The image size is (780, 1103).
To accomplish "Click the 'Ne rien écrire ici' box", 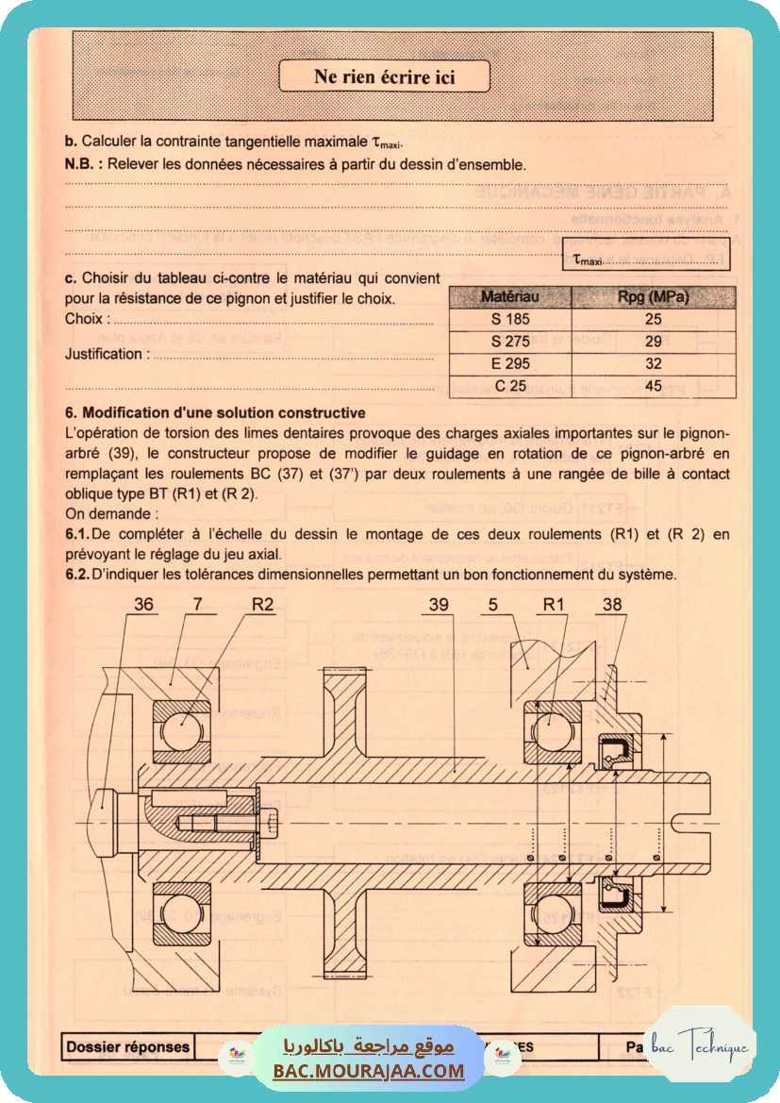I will pyautogui.click(x=384, y=76).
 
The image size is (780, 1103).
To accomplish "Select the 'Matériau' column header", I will pyautogui.click(x=509, y=297).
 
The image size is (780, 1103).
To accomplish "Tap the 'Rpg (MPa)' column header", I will pyautogui.click(x=653, y=297).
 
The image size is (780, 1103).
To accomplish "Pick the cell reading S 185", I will pyautogui.click(x=509, y=319).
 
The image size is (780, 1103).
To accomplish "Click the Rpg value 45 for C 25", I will pyautogui.click(x=653, y=386).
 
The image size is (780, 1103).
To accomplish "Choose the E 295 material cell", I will pyautogui.click(x=509, y=363).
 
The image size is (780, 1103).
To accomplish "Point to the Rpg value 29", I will pyautogui.click(x=653, y=342).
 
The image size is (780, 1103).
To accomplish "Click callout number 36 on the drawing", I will pyautogui.click(x=144, y=606).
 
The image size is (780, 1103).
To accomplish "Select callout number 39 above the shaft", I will pyautogui.click(x=439, y=606).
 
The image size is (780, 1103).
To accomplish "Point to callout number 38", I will pyautogui.click(x=611, y=606).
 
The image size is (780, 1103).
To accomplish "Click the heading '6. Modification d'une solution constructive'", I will pyautogui.click(x=215, y=413).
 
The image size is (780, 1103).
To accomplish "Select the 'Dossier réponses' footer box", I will pyautogui.click(x=127, y=1046).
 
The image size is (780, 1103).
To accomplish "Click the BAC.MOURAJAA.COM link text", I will pyautogui.click(x=369, y=1071).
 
